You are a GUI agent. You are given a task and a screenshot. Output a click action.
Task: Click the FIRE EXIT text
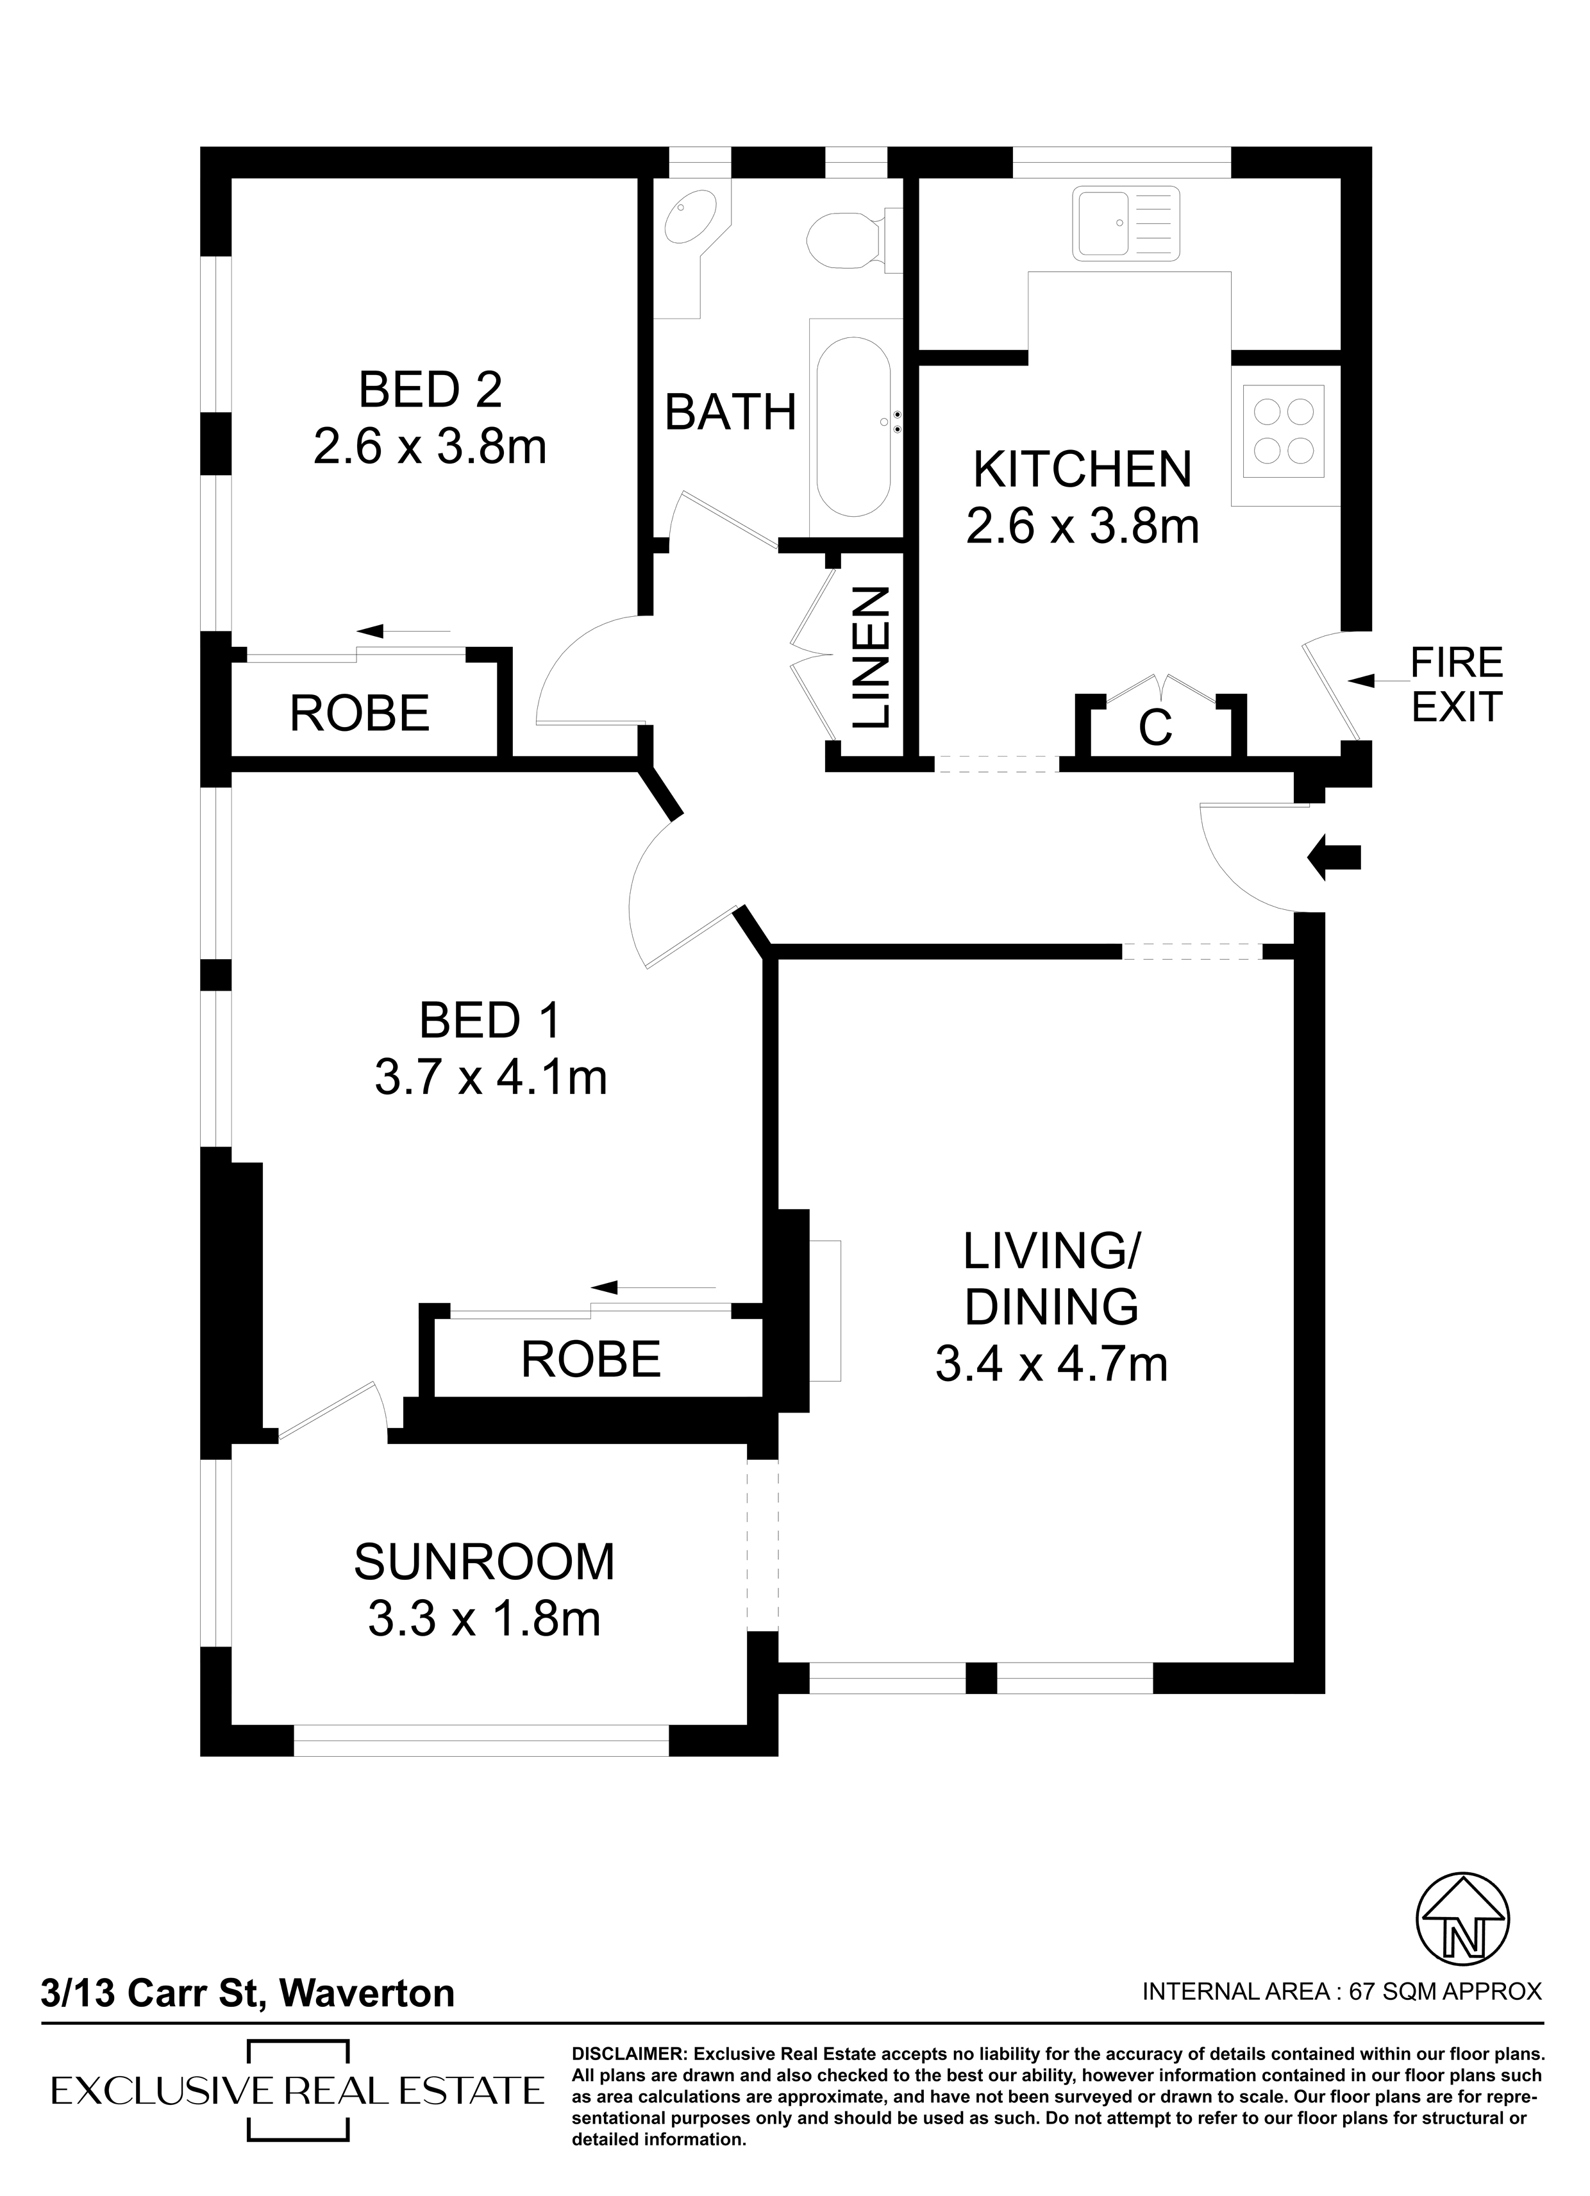(x=1457, y=685)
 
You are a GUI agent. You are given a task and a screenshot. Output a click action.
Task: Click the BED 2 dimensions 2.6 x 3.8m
(x=430, y=448)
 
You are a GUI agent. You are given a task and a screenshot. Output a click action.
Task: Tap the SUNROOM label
(x=484, y=1562)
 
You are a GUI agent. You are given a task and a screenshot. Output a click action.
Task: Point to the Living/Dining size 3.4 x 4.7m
(x=1051, y=1364)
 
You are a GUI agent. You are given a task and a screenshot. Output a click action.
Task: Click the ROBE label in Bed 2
(x=359, y=714)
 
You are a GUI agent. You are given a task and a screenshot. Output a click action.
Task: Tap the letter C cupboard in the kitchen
(x=1155, y=727)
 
